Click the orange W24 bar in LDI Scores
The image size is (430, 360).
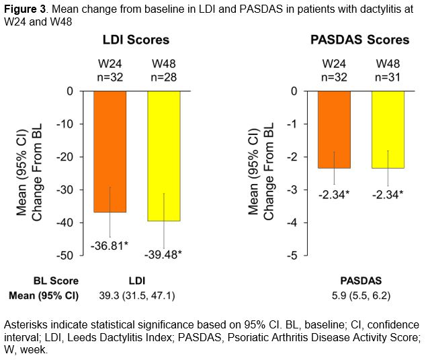pyautogui.click(x=110, y=151)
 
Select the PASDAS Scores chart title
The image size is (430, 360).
pyautogui.click(x=360, y=40)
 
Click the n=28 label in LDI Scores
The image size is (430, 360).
pyautogui.click(x=163, y=77)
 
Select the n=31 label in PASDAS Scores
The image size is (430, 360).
pyautogui.click(x=388, y=77)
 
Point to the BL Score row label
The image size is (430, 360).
pyautogui.click(x=56, y=281)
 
